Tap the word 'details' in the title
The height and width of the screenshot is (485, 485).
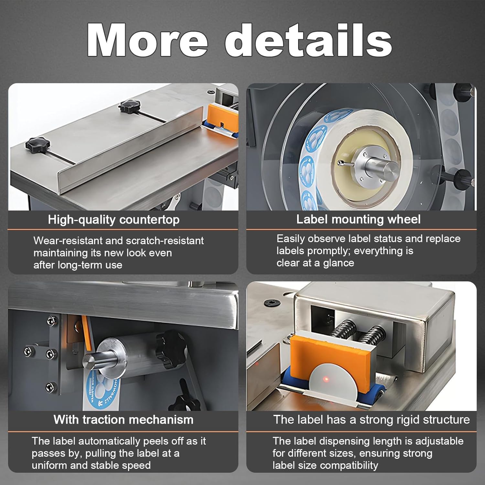pos(308,40)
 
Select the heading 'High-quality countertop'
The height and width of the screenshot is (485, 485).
pos(113,220)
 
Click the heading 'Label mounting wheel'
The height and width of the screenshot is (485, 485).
pos(358,219)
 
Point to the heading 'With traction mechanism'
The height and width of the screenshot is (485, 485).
pos(124,419)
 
